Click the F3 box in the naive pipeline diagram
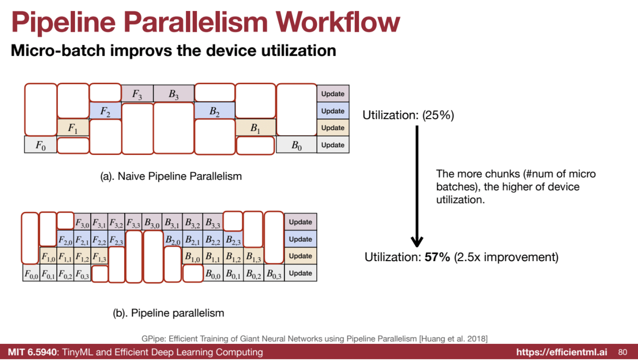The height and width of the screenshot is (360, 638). (137, 93)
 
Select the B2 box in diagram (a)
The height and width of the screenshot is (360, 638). (215, 111)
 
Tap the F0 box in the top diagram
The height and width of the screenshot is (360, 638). (40, 145)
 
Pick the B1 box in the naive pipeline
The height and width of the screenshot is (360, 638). (255, 127)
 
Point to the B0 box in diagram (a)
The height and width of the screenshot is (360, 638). (296, 145)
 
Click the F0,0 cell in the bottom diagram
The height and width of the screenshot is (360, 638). (31, 273)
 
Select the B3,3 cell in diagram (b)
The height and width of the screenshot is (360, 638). (213, 222)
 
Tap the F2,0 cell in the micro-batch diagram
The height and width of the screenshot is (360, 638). (65, 239)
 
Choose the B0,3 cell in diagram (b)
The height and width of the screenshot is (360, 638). (274, 273)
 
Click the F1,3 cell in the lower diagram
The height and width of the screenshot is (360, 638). (99, 256)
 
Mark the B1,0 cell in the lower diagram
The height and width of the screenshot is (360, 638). (193, 256)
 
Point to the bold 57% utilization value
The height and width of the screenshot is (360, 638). (437, 257)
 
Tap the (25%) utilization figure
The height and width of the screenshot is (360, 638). (438, 115)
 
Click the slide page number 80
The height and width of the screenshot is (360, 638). (623, 352)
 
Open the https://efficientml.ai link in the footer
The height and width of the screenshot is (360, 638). (562, 352)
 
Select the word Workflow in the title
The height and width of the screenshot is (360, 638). (338, 22)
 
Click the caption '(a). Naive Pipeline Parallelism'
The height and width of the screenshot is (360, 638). (171, 176)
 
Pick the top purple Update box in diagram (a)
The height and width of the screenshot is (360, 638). (333, 93)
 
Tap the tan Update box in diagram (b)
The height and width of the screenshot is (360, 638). (300, 256)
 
